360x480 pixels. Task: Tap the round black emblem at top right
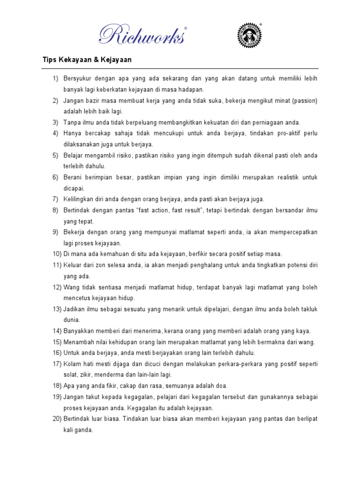pyautogui.click(x=248, y=35)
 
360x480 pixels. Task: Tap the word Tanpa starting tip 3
pyautogui.click(x=73, y=122)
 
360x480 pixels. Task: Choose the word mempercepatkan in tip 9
pyautogui.click(x=289, y=232)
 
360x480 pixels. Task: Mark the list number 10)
pyautogui.click(x=57, y=254)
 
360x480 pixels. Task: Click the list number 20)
pyautogui.click(x=57, y=419)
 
